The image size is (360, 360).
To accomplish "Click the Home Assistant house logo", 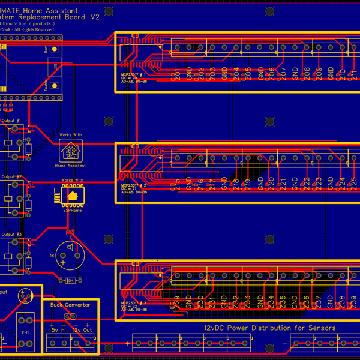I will coord(70,151).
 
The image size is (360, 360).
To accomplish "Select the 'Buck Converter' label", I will coord(70,305).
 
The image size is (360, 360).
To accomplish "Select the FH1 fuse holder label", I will coord(25,332).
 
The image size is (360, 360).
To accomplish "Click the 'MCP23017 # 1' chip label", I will coord(133,74).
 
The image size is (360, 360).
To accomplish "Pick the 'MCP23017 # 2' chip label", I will coord(133,185).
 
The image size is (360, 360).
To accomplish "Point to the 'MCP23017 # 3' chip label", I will coord(133,303).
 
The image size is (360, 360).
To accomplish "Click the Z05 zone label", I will coord(248,75).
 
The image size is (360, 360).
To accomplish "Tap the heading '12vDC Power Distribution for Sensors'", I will coord(269,328).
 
